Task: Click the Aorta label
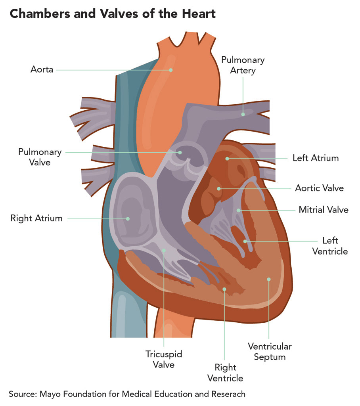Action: tap(42, 70)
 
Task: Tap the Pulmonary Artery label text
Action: tap(243, 65)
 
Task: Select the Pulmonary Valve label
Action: tap(40, 157)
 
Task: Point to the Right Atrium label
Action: tap(36, 218)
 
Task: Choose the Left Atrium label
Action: tap(316, 158)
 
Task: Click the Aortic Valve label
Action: tap(319, 188)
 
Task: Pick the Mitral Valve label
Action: tap(324, 210)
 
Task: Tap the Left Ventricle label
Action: tap(330, 246)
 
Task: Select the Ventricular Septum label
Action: tap(270, 351)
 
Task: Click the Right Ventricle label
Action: tap(229, 373)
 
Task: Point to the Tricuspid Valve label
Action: tap(164, 359)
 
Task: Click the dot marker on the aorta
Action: tap(171, 70)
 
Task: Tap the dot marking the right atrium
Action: tap(128, 218)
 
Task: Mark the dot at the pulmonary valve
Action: tap(180, 152)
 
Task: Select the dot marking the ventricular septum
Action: tap(269, 279)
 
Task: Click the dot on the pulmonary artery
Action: tap(243, 114)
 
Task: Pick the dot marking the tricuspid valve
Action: tap(164, 250)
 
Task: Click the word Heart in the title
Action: tap(197, 14)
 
